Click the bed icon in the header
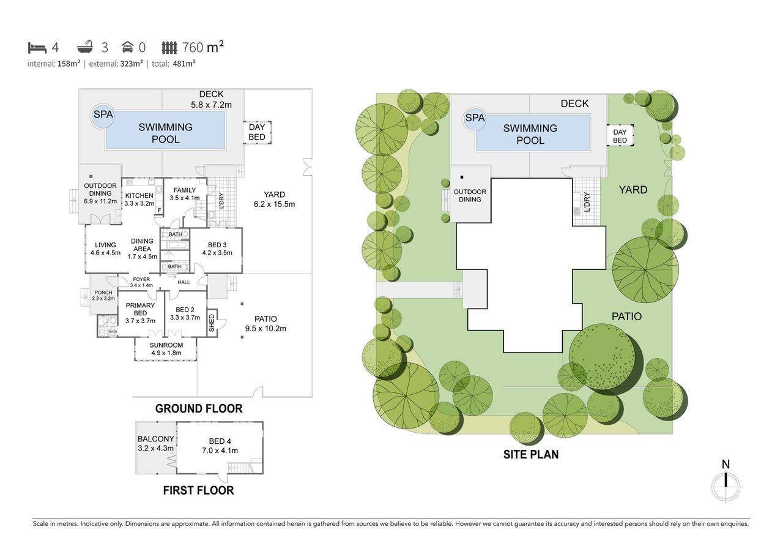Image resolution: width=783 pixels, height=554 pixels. click(x=37, y=48)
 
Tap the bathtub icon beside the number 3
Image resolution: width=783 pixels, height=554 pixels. click(x=85, y=47)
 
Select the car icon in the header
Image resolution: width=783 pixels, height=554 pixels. click(x=127, y=48)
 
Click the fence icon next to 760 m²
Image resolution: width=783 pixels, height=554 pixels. click(x=169, y=48)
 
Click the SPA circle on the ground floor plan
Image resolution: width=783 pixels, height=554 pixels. click(x=102, y=118)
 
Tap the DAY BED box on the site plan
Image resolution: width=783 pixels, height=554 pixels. click(x=620, y=136)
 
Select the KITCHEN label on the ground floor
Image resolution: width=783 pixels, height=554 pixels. click(x=139, y=195)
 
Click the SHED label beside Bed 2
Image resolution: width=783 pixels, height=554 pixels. click(x=212, y=323)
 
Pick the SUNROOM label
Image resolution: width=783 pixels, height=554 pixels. click(x=166, y=345)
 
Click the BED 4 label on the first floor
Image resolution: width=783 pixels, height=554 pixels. click(x=220, y=441)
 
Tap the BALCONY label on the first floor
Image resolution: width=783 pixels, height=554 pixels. click(x=156, y=439)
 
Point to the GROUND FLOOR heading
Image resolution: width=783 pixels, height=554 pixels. click(x=199, y=408)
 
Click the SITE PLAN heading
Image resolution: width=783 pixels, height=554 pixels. click(x=531, y=454)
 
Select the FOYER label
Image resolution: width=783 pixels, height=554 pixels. click(x=141, y=279)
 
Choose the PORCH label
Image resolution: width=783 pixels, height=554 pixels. click(x=103, y=293)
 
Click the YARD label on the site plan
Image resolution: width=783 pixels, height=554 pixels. click(x=633, y=190)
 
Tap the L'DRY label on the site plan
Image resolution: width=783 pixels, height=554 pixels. click(x=587, y=202)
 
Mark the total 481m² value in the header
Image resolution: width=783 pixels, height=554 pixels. click(x=184, y=63)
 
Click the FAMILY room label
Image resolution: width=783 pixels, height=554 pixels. click(x=185, y=190)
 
